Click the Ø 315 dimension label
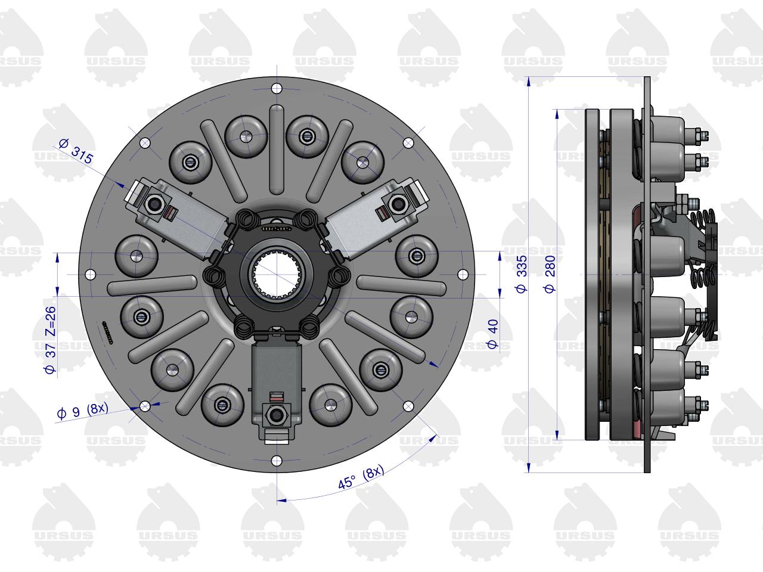76,151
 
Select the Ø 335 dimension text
522,274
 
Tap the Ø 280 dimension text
550,274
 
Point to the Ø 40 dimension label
493,334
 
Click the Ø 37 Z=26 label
51,340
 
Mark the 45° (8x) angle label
361,477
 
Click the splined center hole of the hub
277,275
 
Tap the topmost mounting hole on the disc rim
277,88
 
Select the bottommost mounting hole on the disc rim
277,461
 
